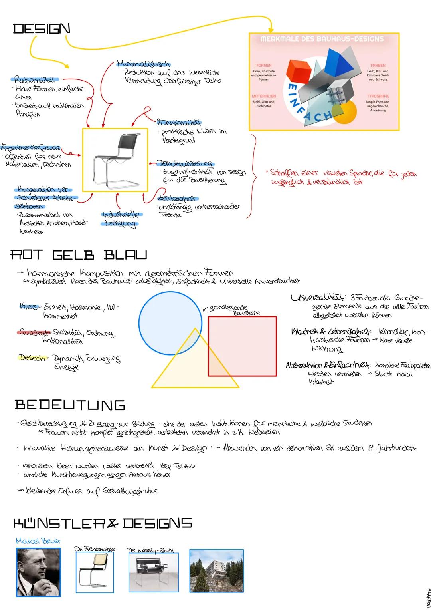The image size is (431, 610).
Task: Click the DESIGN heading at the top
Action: pos(42,29)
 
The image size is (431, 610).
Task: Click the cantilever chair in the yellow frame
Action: pos(115,160)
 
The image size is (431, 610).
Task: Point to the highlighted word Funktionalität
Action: pos(179,123)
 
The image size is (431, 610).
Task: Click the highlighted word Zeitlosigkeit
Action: pos(178,198)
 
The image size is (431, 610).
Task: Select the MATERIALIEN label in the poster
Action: pos(264,97)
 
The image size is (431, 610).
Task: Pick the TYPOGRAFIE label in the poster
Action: pos(378,97)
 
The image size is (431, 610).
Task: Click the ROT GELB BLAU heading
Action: pos(79,255)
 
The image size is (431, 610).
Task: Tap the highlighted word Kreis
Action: pos(29,306)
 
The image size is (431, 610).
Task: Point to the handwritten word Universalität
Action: pos(318,298)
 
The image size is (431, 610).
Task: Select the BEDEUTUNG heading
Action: pos(70,405)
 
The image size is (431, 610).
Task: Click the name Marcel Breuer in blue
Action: pos(38,541)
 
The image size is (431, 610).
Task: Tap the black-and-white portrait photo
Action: pos(38,572)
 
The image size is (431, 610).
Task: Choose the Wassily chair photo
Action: pos(154,572)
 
